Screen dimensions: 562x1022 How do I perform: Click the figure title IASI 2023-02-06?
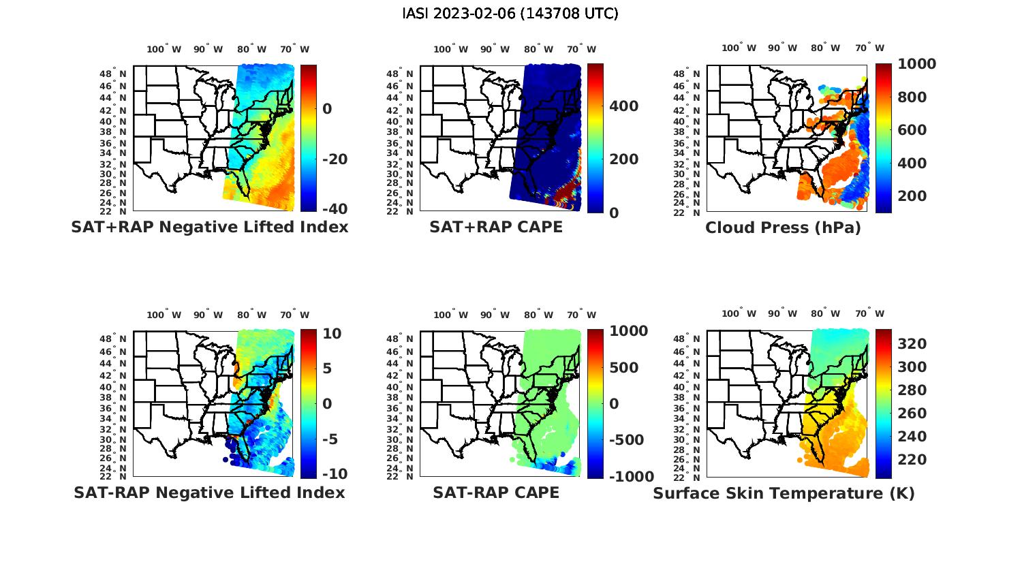pos(510,14)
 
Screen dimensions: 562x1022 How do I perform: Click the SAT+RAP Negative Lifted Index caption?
pos(209,228)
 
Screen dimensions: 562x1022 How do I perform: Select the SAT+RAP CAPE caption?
pos(496,228)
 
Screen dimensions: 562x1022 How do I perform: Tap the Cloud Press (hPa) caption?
pos(783,228)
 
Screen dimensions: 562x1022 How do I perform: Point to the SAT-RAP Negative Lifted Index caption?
pos(209,493)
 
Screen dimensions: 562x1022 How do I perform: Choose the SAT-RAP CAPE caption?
pos(496,493)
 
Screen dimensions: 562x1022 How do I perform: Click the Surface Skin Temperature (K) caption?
pos(784,493)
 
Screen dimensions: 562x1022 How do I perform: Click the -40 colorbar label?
pos(335,209)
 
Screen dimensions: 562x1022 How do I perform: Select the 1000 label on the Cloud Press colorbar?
pos(916,64)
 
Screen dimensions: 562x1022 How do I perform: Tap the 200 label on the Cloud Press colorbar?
pos(912,196)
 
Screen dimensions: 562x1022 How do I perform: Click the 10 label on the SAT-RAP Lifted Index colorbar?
pos(332,334)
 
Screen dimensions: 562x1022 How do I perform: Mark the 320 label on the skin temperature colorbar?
pos(912,344)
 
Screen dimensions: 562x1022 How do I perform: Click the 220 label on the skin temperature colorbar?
pos(912,460)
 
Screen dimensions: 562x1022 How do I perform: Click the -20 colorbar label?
pos(335,159)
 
